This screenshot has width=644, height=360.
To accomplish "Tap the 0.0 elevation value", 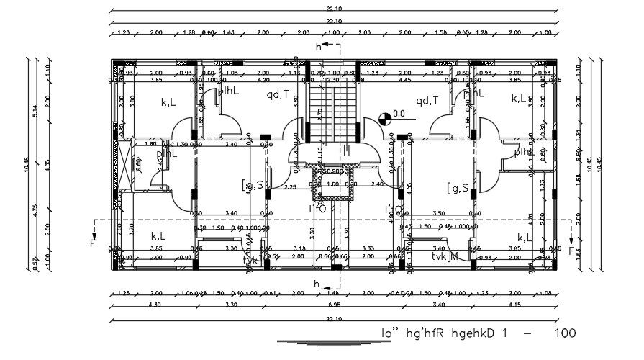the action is click(x=399, y=114).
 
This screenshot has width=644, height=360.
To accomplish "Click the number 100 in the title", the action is click(x=566, y=334).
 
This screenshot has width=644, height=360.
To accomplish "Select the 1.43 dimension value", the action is click(x=228, y=32).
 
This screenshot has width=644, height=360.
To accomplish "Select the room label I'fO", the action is click(x=317, y=209).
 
